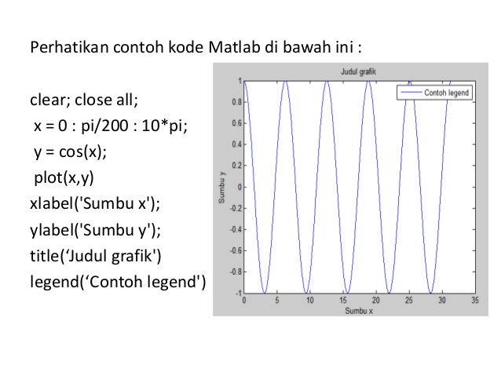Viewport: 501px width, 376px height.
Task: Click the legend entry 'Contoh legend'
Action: click(446, 92)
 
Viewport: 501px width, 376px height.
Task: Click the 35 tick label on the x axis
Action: click(474, 301)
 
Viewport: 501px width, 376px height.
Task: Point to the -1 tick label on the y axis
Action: click(236, 293)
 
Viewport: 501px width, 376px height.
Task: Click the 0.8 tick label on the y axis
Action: click(235, 101)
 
